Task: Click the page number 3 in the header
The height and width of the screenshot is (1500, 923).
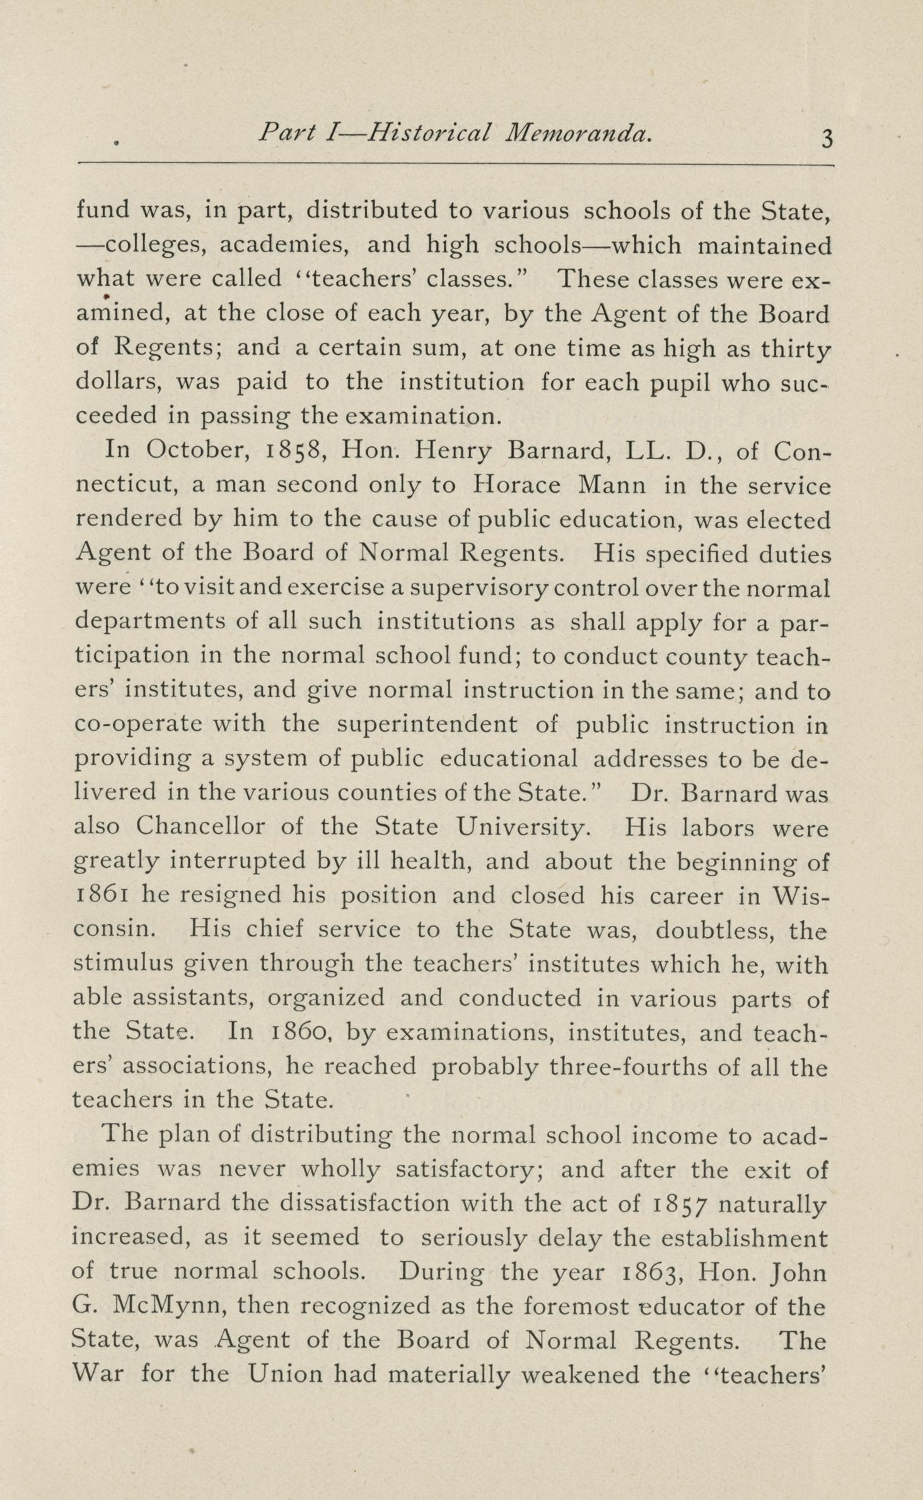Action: point(827,138)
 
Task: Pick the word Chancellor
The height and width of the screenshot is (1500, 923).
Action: point(200,826)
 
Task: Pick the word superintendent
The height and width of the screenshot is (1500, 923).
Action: point(427,724)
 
